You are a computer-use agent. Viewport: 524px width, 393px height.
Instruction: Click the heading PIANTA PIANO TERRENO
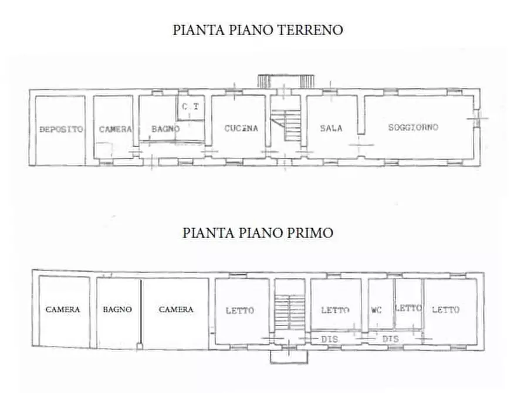(x=258, y=30)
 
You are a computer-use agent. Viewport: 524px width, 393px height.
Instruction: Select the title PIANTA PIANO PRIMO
(x=258, y=232)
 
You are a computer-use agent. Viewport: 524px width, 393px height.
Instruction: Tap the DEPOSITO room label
(x=61, y=129)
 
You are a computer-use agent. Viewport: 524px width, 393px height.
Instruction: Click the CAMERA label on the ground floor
(x=115, y=129)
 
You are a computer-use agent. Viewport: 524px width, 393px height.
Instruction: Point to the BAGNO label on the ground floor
(x=165, y=129)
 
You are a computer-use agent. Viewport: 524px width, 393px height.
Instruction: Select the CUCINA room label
(x=241, y=128)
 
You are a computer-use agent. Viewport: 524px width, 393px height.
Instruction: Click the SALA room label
(x=331, y=128)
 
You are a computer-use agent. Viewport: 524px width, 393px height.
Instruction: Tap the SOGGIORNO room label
(x=414, y=127)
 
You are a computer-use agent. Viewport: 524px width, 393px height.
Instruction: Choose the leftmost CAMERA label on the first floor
(x=63, y=309)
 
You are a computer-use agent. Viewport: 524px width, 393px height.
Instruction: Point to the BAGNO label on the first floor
(x=117, y=309)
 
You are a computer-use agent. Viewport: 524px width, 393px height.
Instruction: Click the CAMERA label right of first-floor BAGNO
(x=176, y=309)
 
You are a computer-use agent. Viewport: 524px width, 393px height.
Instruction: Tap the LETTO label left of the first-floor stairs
(x=240, y=310)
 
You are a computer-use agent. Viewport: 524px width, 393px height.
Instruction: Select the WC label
(x=376, y=310)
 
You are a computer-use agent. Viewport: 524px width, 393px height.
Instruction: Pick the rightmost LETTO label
(x=445, y=310)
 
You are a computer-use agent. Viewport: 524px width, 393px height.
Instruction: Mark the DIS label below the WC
(x=390, y=339)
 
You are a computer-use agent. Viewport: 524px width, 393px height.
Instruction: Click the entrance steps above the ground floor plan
(x=283, y=81)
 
